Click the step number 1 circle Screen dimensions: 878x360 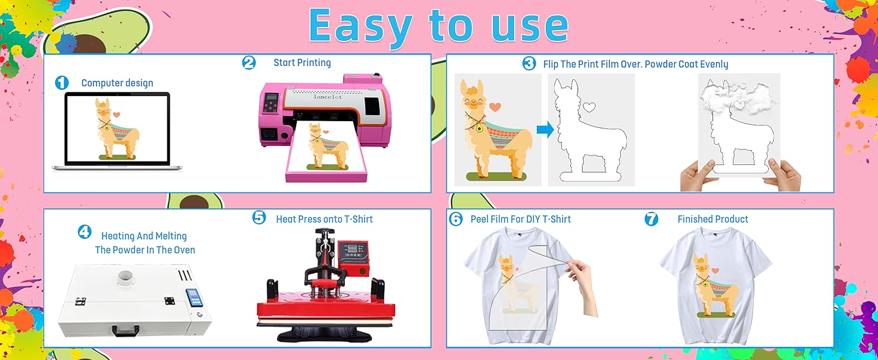62,83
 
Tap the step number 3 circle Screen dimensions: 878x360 529,63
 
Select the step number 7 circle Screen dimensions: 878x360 651,219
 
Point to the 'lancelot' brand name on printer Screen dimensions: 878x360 327,97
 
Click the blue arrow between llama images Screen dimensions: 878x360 545,130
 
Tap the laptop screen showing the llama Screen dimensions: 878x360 118,128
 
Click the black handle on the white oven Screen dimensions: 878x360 125,331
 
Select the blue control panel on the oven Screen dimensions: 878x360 194,298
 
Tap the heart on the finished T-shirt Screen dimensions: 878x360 715,270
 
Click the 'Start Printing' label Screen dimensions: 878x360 302,63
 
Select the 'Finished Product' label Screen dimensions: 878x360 713,219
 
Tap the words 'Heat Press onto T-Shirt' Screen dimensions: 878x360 324,219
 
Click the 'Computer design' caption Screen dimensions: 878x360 117,83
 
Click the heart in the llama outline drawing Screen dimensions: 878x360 589,106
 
